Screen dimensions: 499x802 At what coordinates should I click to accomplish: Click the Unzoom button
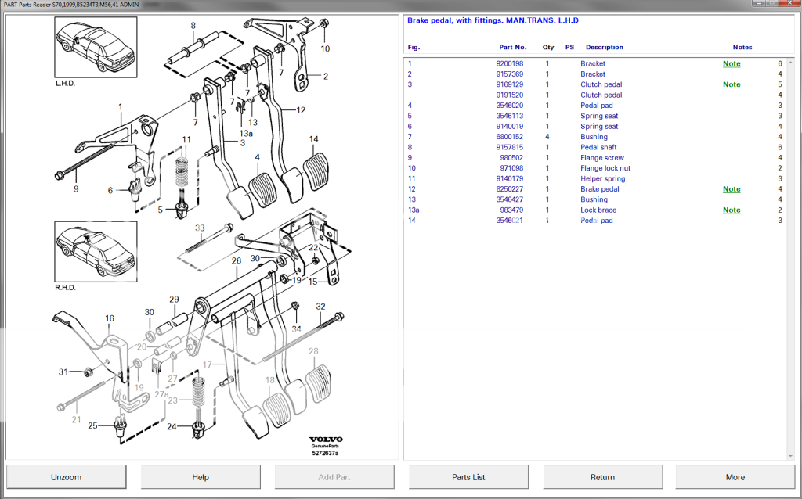67,476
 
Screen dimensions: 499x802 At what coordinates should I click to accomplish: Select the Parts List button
468,476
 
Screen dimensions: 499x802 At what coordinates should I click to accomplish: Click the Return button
602,476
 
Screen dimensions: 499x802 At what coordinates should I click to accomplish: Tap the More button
735,476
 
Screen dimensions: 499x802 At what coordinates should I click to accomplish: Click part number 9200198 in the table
511,63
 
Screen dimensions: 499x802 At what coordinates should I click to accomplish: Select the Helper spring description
604,178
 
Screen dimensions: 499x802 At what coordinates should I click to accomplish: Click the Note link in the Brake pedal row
731,189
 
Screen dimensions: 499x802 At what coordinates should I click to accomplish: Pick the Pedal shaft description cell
598,147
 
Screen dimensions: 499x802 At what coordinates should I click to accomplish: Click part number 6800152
511,137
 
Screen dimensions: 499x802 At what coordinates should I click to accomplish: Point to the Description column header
604,47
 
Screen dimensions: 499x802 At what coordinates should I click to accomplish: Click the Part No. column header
512,47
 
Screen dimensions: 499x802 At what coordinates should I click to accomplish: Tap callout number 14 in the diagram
313,139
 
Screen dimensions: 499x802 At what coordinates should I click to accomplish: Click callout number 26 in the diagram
236,260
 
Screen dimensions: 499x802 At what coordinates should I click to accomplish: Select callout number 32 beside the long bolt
320,306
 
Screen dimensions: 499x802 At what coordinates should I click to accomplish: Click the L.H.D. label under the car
65,82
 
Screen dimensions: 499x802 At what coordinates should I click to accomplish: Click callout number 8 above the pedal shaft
193,26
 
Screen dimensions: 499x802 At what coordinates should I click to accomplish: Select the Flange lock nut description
605,168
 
